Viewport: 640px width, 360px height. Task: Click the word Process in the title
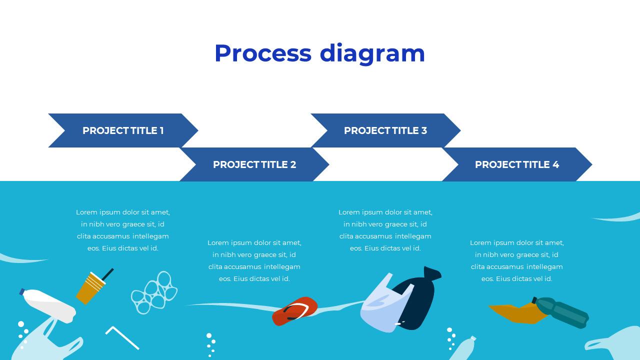pyautogui.click(x=262, y=53)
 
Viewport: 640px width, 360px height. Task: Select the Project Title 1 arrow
pyautogui.click(x=123, y=130)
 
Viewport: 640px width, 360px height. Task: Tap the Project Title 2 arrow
pyautogui.click(x=254, y=164)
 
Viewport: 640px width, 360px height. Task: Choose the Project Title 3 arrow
pyautogui.click(x=385, y=130)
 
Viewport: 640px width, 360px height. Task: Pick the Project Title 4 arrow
pyautogui.click(x=517, y=164)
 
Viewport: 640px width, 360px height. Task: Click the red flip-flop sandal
pyautogui.click(x=295, y=311)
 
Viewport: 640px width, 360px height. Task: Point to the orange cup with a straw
pyautogui.click(x=90, y=288)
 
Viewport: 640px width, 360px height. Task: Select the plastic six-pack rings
pyautogui.click(x=154, y=293)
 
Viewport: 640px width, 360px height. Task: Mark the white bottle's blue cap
pyautogui.click(x=22, y=291)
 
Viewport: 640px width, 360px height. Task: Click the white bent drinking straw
pyautogui.click(x=122, y=337)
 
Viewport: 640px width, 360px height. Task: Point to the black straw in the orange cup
pyautogui.click(x=108, y=273)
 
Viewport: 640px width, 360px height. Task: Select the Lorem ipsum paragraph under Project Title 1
pyautogui.click(x=123, y=230)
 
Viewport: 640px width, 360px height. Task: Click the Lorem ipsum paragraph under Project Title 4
pyautogui.click(x=517, y=260)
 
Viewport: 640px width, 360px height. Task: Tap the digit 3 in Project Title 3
pyautogui.click(x=424, y=130)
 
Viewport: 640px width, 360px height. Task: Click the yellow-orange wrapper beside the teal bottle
pyautogui.click(x=512, y=313)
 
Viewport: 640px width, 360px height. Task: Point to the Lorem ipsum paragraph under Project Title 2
pyautogui.click(x=254, y=260)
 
